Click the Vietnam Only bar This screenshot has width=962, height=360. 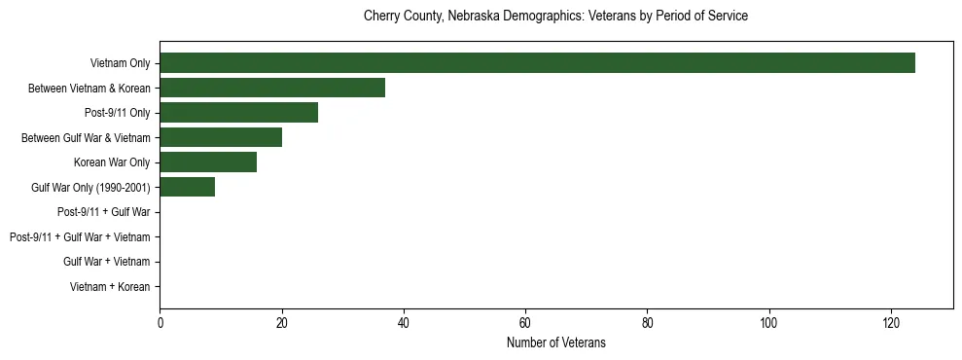[x=537, y=62]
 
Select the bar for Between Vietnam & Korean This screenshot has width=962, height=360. [x=272, y=88]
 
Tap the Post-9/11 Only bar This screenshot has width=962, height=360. [x=238, y=113]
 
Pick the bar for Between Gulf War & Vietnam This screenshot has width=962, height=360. [x=221, y=137]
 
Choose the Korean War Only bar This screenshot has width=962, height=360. [x=208, y=162]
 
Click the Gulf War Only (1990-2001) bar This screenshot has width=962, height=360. [x=187, y=187]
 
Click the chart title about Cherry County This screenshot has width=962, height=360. [x=555, y=17]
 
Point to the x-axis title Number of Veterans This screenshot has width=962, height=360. [x=555, y=342]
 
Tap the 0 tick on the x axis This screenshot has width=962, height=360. [x=160, y=323]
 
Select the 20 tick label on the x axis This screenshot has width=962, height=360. [x=282, y=323]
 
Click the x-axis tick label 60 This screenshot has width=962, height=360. [x=525, y=323]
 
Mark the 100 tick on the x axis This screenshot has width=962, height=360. [x=769, y=323]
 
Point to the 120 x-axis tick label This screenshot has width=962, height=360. [x=891, y=323]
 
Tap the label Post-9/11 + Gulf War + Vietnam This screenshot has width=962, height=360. [x=80, y=237]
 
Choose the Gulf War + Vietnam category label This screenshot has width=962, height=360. [x=106, y=262]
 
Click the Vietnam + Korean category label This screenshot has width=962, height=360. [x=110, y=287]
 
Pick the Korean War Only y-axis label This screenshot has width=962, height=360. [x=112, y=162]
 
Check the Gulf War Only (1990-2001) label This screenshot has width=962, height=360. [x=90, y=188]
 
